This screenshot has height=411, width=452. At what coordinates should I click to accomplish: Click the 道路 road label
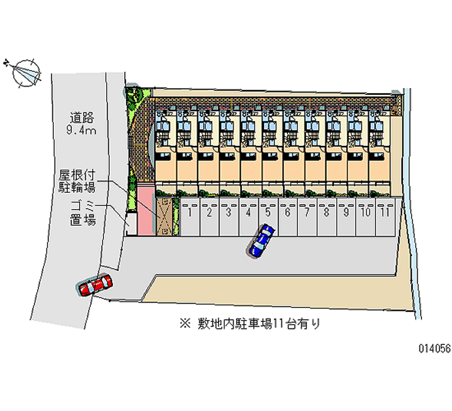[x=81, y=118]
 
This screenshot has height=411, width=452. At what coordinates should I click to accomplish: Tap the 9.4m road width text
[x=81, y=131]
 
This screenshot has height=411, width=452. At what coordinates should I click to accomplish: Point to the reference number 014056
[x=434, y=349]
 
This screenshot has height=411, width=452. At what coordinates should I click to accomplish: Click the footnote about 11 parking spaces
[x=259, y=324]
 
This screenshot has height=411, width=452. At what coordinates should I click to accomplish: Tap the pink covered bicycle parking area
[x=146, y=209]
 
